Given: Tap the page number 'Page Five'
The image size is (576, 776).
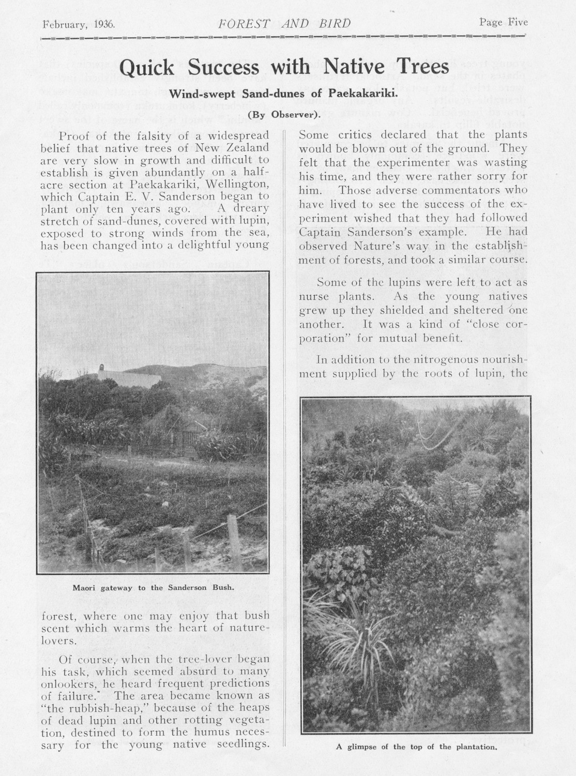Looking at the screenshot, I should pyautogui.click(x=503, y=22).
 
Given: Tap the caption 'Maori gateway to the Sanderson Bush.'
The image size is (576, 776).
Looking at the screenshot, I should pyautogui.click(x=154, y=588).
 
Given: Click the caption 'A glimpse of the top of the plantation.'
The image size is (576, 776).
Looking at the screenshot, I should pyautogui.click(x=416, y=747).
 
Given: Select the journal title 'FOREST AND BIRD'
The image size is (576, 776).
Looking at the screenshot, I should pyautogui.click(x=285, y=24).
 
